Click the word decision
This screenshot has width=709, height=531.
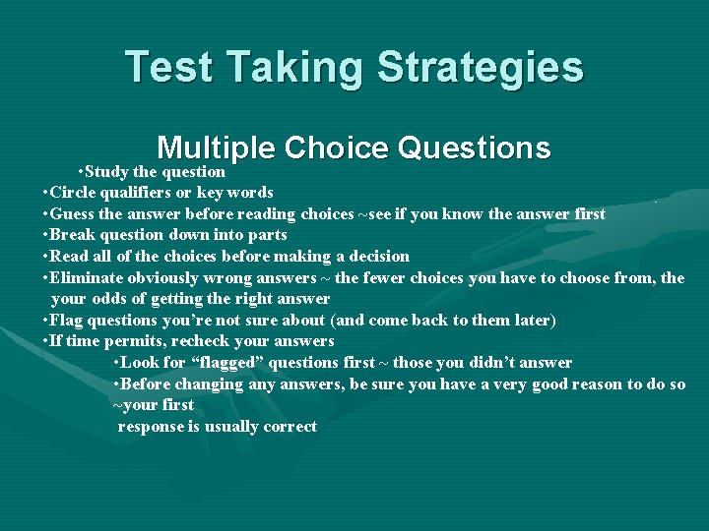377,257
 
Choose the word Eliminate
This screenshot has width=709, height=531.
87,278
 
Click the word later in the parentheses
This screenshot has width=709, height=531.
532,321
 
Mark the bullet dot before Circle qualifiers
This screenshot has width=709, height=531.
46,193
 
